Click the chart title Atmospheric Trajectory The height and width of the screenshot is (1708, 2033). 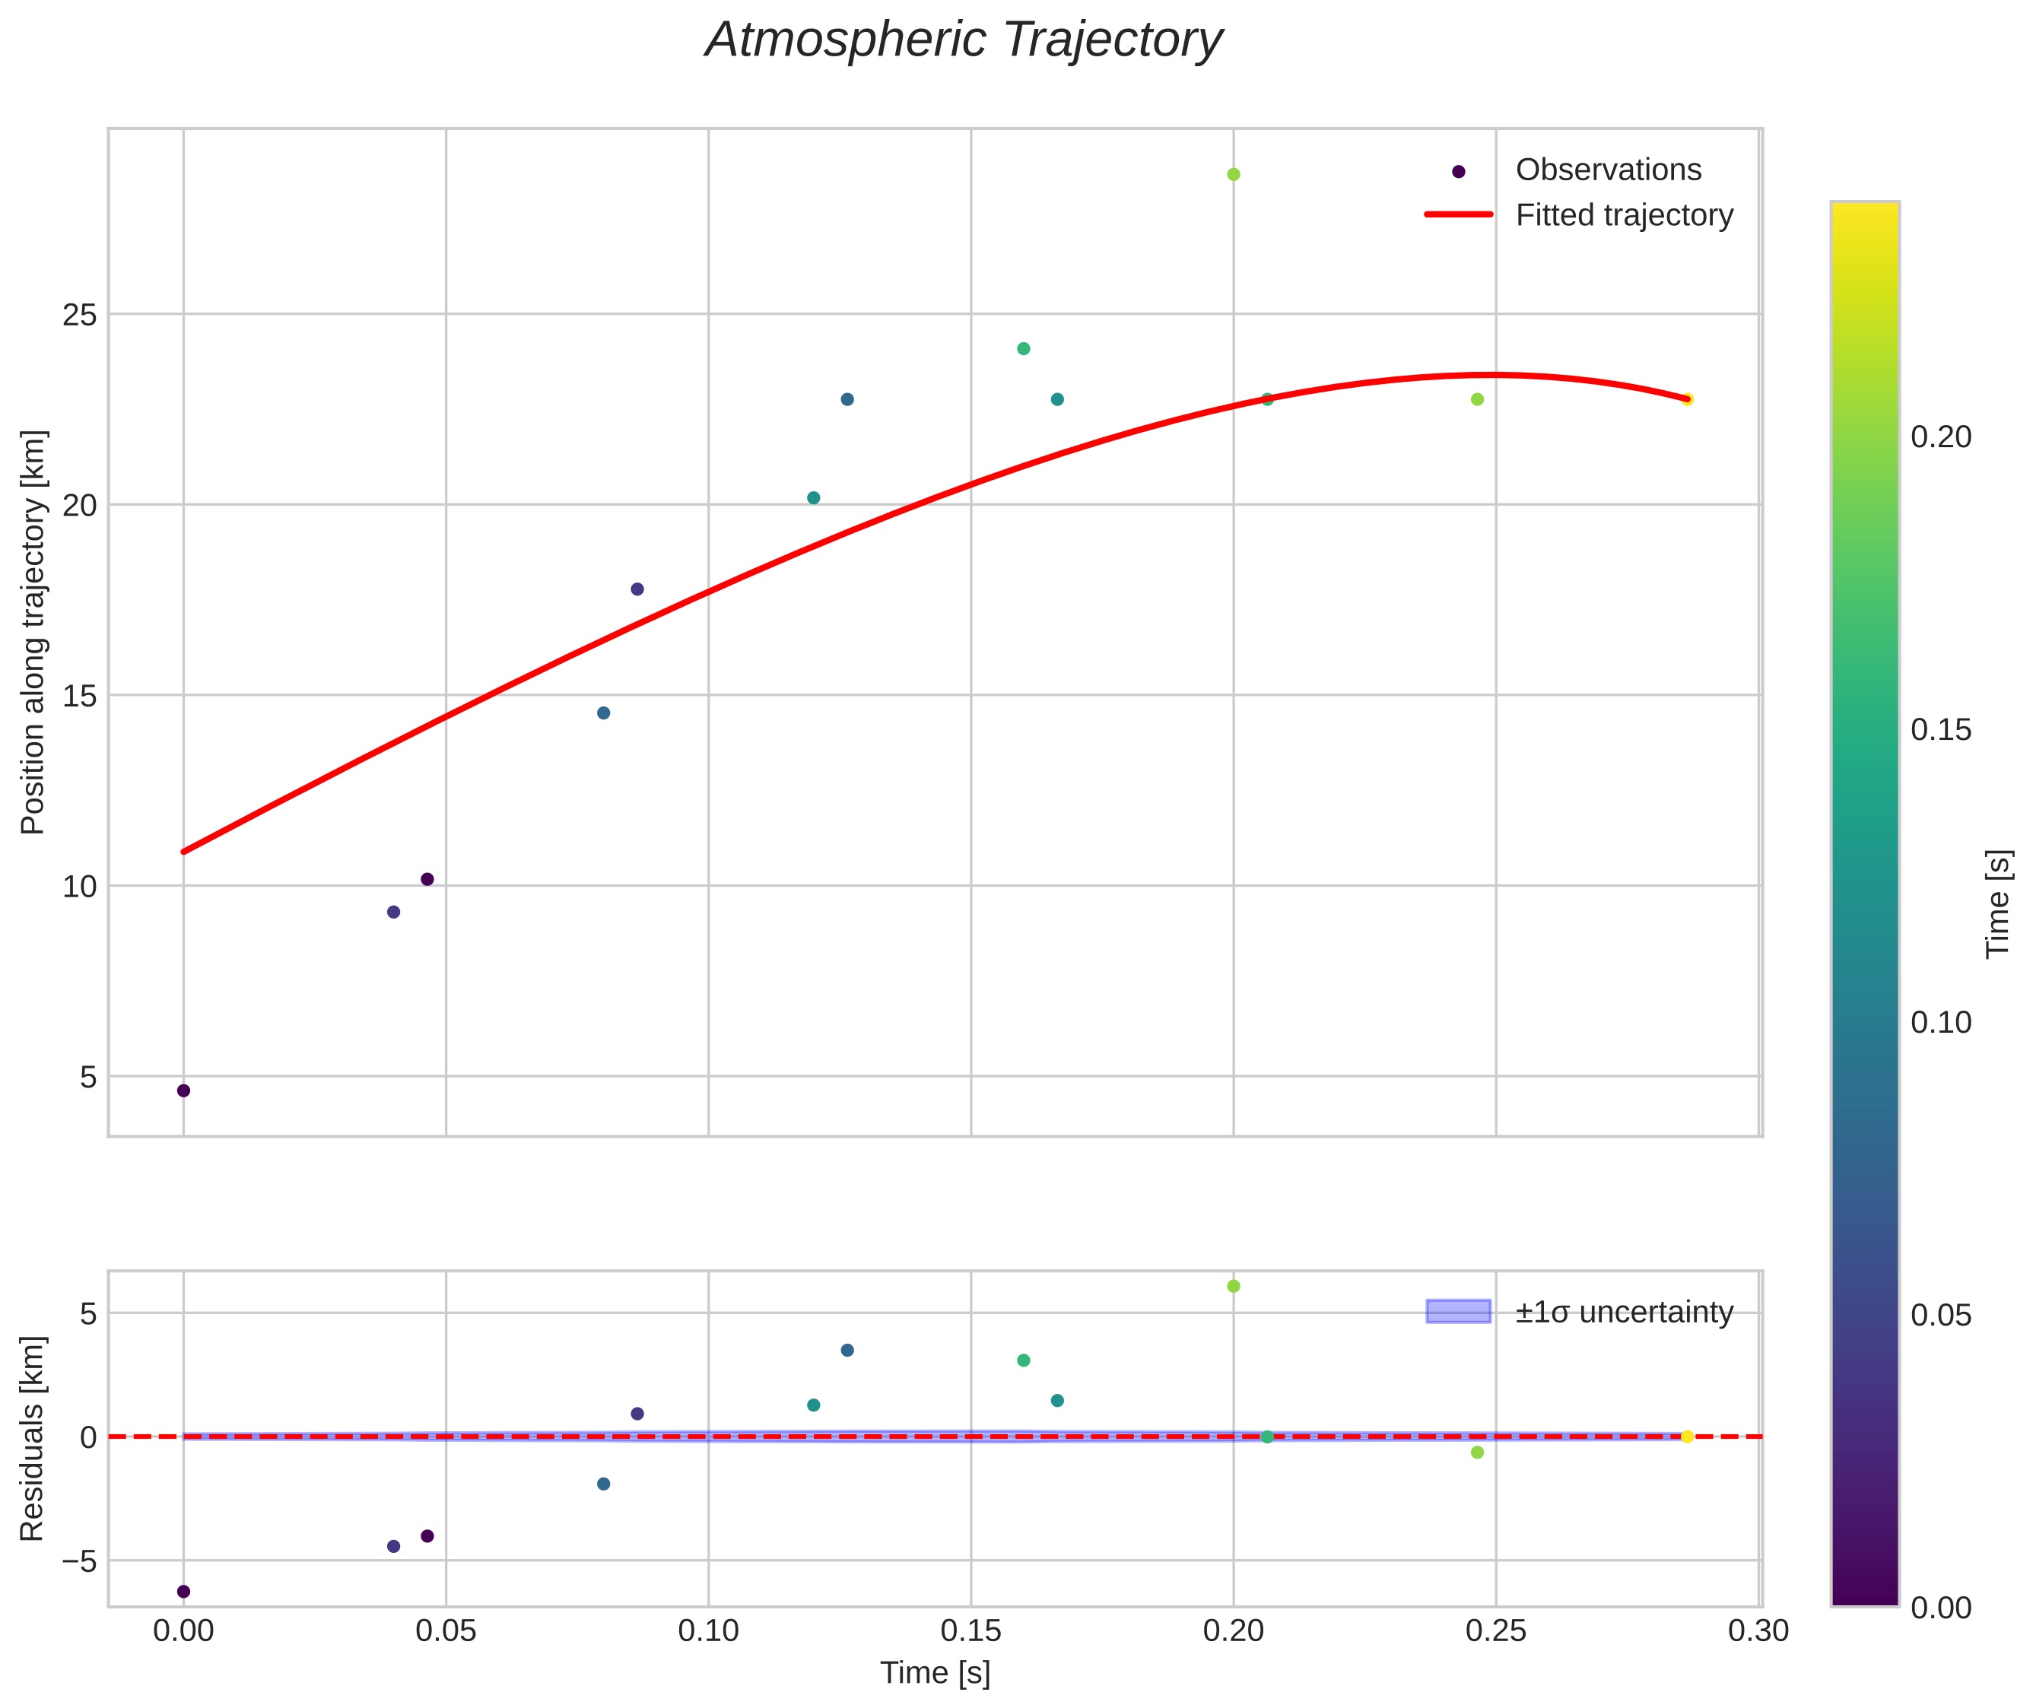[964, 40]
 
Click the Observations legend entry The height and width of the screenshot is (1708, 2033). [1607, 170]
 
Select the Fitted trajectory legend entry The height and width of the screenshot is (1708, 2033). [1623, 215]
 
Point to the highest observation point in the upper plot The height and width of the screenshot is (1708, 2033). [1233, 174]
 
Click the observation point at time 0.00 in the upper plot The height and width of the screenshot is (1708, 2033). [183, 1091]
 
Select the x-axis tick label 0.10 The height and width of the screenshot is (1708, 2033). [708, 1631]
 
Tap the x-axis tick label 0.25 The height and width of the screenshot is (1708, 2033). [1495, 1631]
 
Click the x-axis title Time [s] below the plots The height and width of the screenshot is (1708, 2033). [935, 1673]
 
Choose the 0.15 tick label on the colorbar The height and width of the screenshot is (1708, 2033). [1941, 730]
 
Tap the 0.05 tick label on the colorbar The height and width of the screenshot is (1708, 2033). [1941, 1315]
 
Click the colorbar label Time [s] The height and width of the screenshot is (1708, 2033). [1997, 904]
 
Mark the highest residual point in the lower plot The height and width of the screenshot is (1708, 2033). [1233, 1286]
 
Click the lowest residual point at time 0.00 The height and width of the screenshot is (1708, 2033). [183, 1591]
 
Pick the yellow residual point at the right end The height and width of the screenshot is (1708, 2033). [1686, 1437]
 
